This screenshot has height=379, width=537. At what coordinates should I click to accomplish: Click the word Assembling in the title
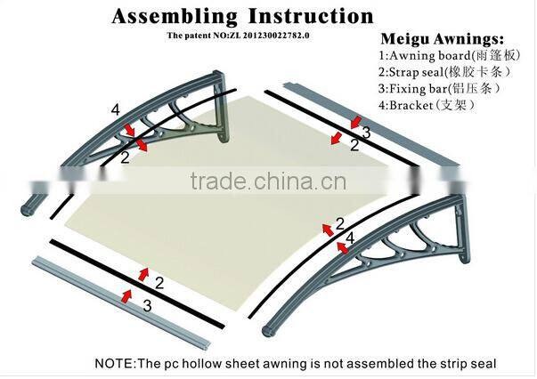pyautogui.click(x=175, y=16)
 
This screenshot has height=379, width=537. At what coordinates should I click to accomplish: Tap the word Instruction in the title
pyautogui.click(x=311, y=16)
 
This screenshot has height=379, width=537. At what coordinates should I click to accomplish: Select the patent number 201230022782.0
pyautogui.click(x=276, y=36)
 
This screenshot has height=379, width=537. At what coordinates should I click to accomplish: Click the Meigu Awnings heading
pyautogui.click(x=442, y=39)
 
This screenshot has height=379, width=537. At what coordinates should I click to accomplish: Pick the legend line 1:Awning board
pyautogui.click(x=450, y=55)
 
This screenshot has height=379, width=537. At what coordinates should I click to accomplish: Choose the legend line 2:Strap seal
pyautogui.click(x=444, y=72)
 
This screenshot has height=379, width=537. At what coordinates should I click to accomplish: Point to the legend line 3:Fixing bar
pyautogui.click(x=439, y=89)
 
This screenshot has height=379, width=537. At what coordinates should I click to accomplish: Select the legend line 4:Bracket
pyautogui.click(x=427, y=105)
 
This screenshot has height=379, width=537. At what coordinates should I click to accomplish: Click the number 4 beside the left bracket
pyautogui.click(x=116, y=110)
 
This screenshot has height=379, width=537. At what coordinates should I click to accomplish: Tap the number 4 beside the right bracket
pyautogui.click(x=350, y=238)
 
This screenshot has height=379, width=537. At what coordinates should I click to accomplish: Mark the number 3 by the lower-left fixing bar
pyautogui.click(x=147, y=306)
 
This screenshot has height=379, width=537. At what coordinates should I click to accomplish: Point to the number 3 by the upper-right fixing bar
pyautogui.click(x=366, y=133)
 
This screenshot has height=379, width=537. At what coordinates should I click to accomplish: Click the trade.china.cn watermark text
pyautogui.click(x=268, y=181)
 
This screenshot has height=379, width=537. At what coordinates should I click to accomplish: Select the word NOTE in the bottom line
pyautogui.click(x=115, y=363)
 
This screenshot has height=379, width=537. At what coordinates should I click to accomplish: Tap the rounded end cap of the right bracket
pyautogui.click(x=269, y=331)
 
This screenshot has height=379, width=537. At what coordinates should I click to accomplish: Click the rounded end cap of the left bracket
pyautogui.click(x=28, y=210)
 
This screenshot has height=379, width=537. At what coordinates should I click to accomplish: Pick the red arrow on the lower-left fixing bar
pyautogui.click(x=126, y=296)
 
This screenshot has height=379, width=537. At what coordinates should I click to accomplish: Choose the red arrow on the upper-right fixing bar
pyautogui.click(x=356, y=122)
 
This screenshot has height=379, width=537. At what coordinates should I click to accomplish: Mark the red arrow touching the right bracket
pyautogui.click(x=343, y=247)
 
